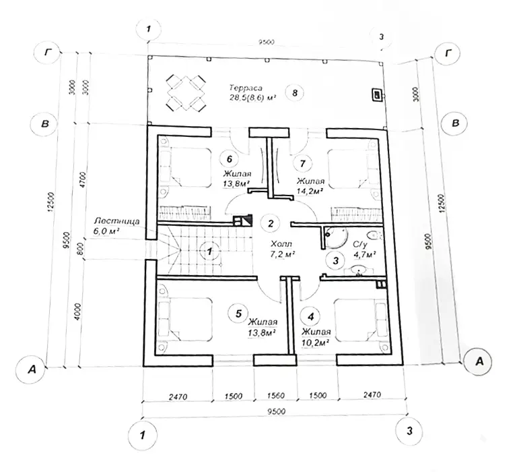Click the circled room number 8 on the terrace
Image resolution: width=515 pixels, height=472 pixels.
point(294,92)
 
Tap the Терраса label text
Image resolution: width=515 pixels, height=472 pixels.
point(244,88)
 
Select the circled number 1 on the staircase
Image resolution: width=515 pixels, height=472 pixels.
point(210,251)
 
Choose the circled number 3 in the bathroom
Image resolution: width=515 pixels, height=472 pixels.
point(332,260)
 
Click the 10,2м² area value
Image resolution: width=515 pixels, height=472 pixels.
point(314,343)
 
